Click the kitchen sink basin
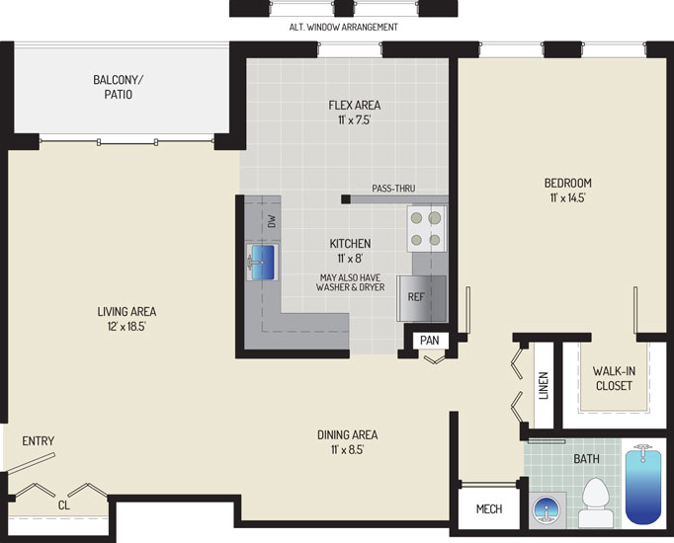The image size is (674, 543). pos(263,263)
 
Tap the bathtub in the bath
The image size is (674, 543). pos(643,485)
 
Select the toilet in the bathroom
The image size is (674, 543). pos(596,503)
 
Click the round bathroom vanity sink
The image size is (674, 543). pos(547,510)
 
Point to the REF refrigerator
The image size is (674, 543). pos(422,298)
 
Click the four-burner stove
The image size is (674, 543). pos(426,229)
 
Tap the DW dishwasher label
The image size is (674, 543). pos(272,221)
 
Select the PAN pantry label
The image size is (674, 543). pos(430,341)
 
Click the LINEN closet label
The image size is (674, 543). pos(544,385)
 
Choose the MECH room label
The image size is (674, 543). pos(489,508)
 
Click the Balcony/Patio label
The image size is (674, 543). pos(119,87)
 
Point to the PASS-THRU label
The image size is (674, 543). pos(393,188)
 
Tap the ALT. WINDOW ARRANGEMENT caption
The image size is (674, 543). pos(344,27)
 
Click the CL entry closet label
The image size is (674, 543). pos(63,505)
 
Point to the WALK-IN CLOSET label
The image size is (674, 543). pos(614,378)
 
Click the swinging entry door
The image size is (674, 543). pos(31,464)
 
